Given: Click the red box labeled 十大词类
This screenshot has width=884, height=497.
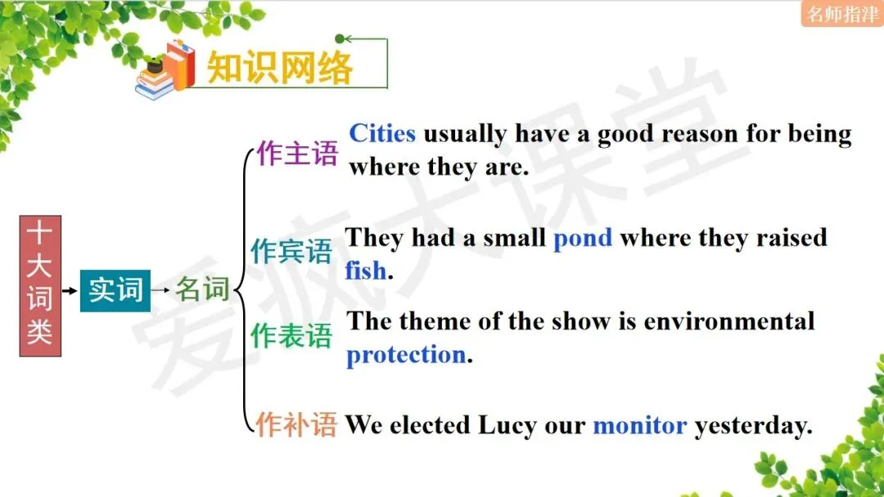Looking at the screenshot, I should [39, 286].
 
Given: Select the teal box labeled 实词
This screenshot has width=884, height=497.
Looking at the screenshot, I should [115, 289].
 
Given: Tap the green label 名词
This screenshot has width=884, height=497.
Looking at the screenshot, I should [202, 289].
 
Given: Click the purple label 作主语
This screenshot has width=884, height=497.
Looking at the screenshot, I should [296, 153].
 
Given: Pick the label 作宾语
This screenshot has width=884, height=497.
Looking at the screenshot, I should [291, 252].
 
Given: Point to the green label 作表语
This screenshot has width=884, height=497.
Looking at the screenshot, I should [291, 335].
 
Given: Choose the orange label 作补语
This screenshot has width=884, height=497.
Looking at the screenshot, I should [295, 424].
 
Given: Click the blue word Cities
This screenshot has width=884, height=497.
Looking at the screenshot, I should [382, 133].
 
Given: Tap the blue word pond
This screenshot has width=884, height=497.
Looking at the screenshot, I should [583, 238].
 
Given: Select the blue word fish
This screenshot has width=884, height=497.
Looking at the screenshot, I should [365, 271].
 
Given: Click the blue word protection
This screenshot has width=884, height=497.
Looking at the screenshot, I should [406, 355].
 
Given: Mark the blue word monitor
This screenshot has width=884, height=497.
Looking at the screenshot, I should [639, 425].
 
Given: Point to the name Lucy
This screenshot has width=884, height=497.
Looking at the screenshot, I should [509, 425].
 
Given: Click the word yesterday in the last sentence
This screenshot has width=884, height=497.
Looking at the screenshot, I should [753, 426].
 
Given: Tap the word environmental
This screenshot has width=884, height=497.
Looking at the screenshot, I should [729, 321].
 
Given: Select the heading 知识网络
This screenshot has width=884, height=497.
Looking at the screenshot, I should [280, 68].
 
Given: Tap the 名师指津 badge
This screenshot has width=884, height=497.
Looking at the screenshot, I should [841, 14].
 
